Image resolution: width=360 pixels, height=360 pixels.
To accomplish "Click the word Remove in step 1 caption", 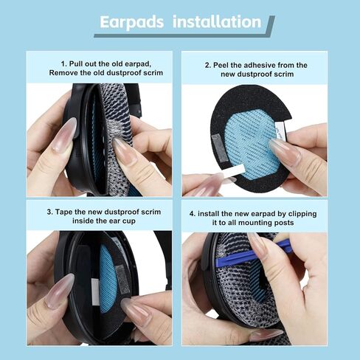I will [64, 74].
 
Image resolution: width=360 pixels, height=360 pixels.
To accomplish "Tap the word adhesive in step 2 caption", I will [261, 65].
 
